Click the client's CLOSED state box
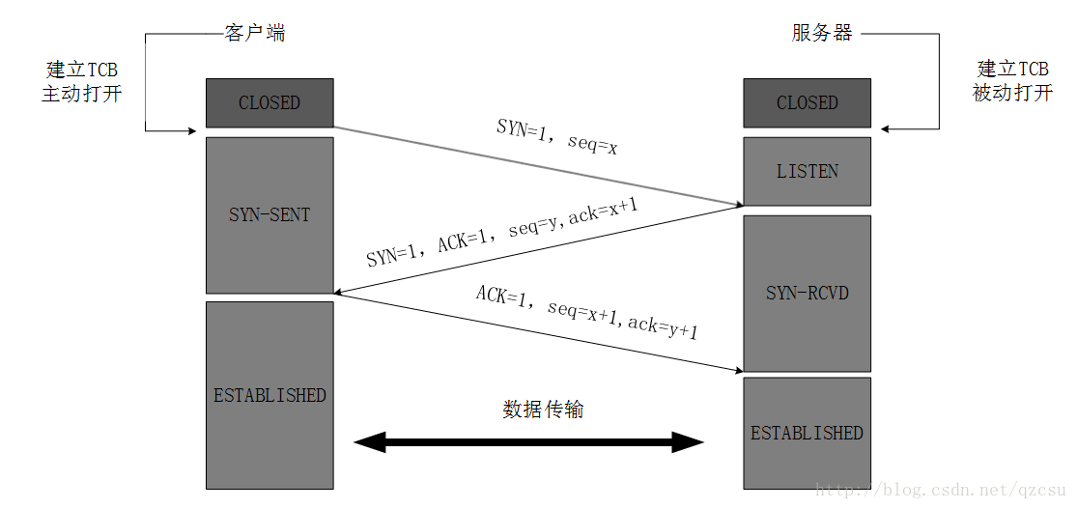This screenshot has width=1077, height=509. [269, 102]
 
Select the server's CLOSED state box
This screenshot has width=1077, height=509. [807, 102]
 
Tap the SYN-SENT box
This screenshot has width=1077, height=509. [269, 214]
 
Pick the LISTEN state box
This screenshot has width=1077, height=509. [807, 171]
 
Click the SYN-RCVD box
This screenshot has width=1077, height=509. [807, 292]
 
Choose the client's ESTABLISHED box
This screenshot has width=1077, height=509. [269, 395]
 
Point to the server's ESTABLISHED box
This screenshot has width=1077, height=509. [807, 433]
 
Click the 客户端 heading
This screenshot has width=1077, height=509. [255, 34]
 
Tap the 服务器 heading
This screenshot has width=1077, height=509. [822, 34]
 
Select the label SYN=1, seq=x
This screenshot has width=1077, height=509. [557, 138]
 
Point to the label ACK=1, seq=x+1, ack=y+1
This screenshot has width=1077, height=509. [586, 312]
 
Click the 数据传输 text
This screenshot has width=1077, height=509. [543, 410]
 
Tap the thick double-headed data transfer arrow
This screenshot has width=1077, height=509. [528, 443]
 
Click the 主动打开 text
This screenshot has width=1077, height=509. [82, 95]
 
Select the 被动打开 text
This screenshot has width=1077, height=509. [1012, 94]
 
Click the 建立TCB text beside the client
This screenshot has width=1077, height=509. [82, 71]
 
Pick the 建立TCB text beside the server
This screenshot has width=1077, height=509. [1012, 70]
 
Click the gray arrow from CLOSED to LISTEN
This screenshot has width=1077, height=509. [537, 166]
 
